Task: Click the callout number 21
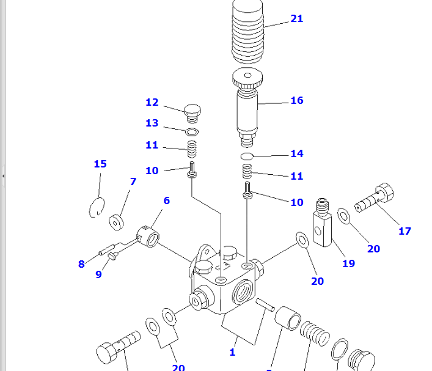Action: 296,19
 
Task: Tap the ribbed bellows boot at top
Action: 249,34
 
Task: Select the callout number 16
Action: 296,100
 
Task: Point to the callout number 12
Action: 152,103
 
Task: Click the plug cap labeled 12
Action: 192,113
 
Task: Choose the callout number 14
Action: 296,154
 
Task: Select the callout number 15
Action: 100,164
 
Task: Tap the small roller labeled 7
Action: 116,221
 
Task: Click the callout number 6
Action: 166,200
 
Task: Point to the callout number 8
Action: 81,264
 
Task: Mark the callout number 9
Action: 98,274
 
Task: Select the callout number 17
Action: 405,231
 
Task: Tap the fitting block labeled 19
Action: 321,223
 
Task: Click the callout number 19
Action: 348,263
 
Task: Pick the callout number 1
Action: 232,352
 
